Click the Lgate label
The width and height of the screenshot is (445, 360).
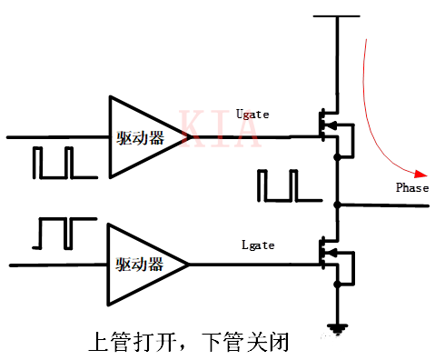(257, 245)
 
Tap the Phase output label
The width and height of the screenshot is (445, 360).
(411, 187)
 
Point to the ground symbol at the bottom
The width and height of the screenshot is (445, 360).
(337, 327)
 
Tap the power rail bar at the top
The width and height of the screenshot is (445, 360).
(337, 15)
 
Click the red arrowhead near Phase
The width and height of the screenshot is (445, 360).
(420, 174)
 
